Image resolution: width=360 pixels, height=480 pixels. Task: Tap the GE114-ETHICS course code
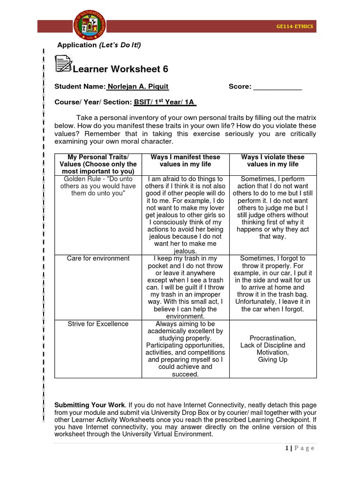[295, 27]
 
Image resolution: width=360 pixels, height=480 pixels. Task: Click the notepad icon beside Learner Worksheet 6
[63, 64]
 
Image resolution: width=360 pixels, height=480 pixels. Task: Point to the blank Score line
[277, 87]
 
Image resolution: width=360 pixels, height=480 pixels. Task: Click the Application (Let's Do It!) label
[99, 45]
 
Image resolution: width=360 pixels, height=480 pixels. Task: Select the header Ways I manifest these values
[185, 161]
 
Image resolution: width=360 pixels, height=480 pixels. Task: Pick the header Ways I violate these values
[272, 161]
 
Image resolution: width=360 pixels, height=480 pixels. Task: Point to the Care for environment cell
[98, 258]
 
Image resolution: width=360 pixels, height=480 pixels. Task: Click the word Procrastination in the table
[272, 338]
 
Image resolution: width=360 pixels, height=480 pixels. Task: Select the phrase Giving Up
[272, 360]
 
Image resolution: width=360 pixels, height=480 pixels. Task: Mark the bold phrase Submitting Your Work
[90, 405]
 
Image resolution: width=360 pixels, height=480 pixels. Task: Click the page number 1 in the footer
[286, 448]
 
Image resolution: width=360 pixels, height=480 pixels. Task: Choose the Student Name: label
[80, 87]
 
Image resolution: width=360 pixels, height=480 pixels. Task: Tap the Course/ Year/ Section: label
[93, 102]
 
